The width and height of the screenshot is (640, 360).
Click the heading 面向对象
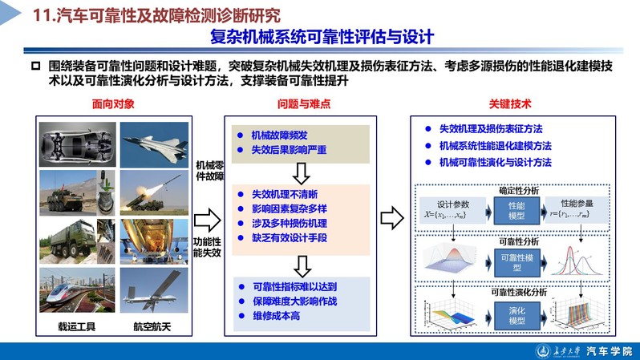[x=113, y=105]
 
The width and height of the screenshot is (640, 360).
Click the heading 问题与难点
[x=298, y=105]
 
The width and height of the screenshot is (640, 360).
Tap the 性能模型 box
[x=516, y=211]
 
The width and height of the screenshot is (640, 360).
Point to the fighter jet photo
[x=159, y=144]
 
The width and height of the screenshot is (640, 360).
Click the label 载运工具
[x=75, y=326]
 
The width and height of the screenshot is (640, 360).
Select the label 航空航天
[x=153, y=326]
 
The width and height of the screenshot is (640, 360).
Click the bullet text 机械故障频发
[x=282, y=136]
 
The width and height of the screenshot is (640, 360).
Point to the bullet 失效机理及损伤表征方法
[x=491, y=128]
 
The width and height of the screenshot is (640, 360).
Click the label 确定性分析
[x=519, y=189]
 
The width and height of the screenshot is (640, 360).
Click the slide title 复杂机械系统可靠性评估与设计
[x=321, y=37]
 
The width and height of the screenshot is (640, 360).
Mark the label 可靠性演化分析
[x=518, y=292]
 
